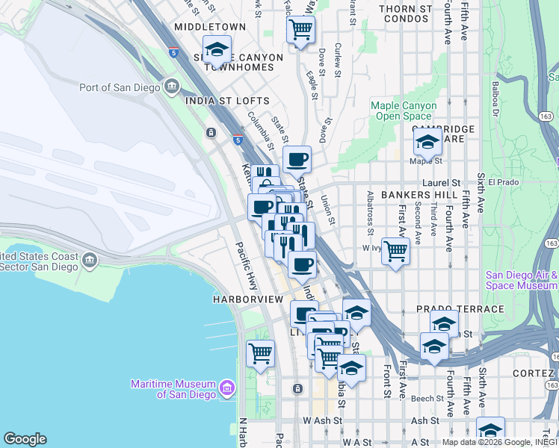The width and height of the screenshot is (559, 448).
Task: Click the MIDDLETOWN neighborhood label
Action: (x=210, y=26)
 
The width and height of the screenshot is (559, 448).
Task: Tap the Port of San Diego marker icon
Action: (x=172, y=87)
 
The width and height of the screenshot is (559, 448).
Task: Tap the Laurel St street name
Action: (x=445, y=182)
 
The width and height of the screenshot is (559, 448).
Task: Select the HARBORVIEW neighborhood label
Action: (x=247, y=299)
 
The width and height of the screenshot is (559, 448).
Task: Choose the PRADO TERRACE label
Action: (x=460, y=308)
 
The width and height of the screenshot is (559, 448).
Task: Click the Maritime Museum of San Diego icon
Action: (x=226, y=386)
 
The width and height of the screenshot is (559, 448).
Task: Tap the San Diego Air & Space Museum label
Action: (x=521, y=280)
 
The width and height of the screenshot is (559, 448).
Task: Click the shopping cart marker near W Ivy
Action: (x=395, y=252)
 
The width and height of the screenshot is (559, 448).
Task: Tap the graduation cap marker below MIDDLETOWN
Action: (x=217, y=49)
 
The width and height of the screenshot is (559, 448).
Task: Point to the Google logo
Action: (x=25, y=439)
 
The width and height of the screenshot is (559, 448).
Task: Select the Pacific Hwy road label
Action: (x=247, y=265)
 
